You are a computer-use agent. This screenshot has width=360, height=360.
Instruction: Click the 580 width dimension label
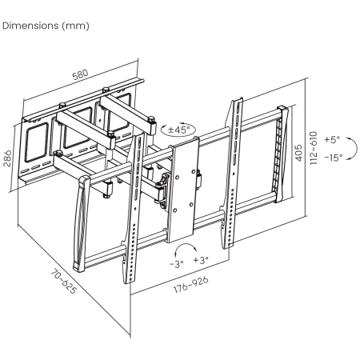click(80, 74)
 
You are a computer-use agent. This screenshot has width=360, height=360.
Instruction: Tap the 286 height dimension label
click(7, 158)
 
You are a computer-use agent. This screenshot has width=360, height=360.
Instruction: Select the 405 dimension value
click(299, 153)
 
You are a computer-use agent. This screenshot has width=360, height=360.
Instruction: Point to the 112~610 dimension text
click(314, 148)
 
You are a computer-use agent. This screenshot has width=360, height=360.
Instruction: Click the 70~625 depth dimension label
click(64, 281)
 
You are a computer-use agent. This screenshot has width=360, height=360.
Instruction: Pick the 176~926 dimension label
click(191, 285)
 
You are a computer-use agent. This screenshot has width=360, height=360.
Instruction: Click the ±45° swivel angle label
click(178, 130)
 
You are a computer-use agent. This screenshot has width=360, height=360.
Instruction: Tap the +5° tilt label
click(332, 139)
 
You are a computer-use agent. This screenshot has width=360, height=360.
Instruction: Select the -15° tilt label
click(334, 158)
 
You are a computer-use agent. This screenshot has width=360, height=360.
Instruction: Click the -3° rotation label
click(177, 264)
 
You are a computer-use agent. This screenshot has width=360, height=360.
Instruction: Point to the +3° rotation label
click(201, 260)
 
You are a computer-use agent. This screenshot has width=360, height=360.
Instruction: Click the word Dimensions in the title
click(30, 26)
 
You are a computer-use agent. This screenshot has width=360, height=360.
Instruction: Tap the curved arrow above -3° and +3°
click(186, 244)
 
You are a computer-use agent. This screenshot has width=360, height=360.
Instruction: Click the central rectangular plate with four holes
click(183, 189)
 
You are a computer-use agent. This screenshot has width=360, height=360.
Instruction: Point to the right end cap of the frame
click(282, 154)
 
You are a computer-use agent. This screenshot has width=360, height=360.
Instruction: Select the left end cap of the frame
click(81, 224)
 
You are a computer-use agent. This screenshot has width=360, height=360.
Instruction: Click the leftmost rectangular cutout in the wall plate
click(36, 142)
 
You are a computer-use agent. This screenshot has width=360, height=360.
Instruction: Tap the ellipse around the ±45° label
click(178, 124)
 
